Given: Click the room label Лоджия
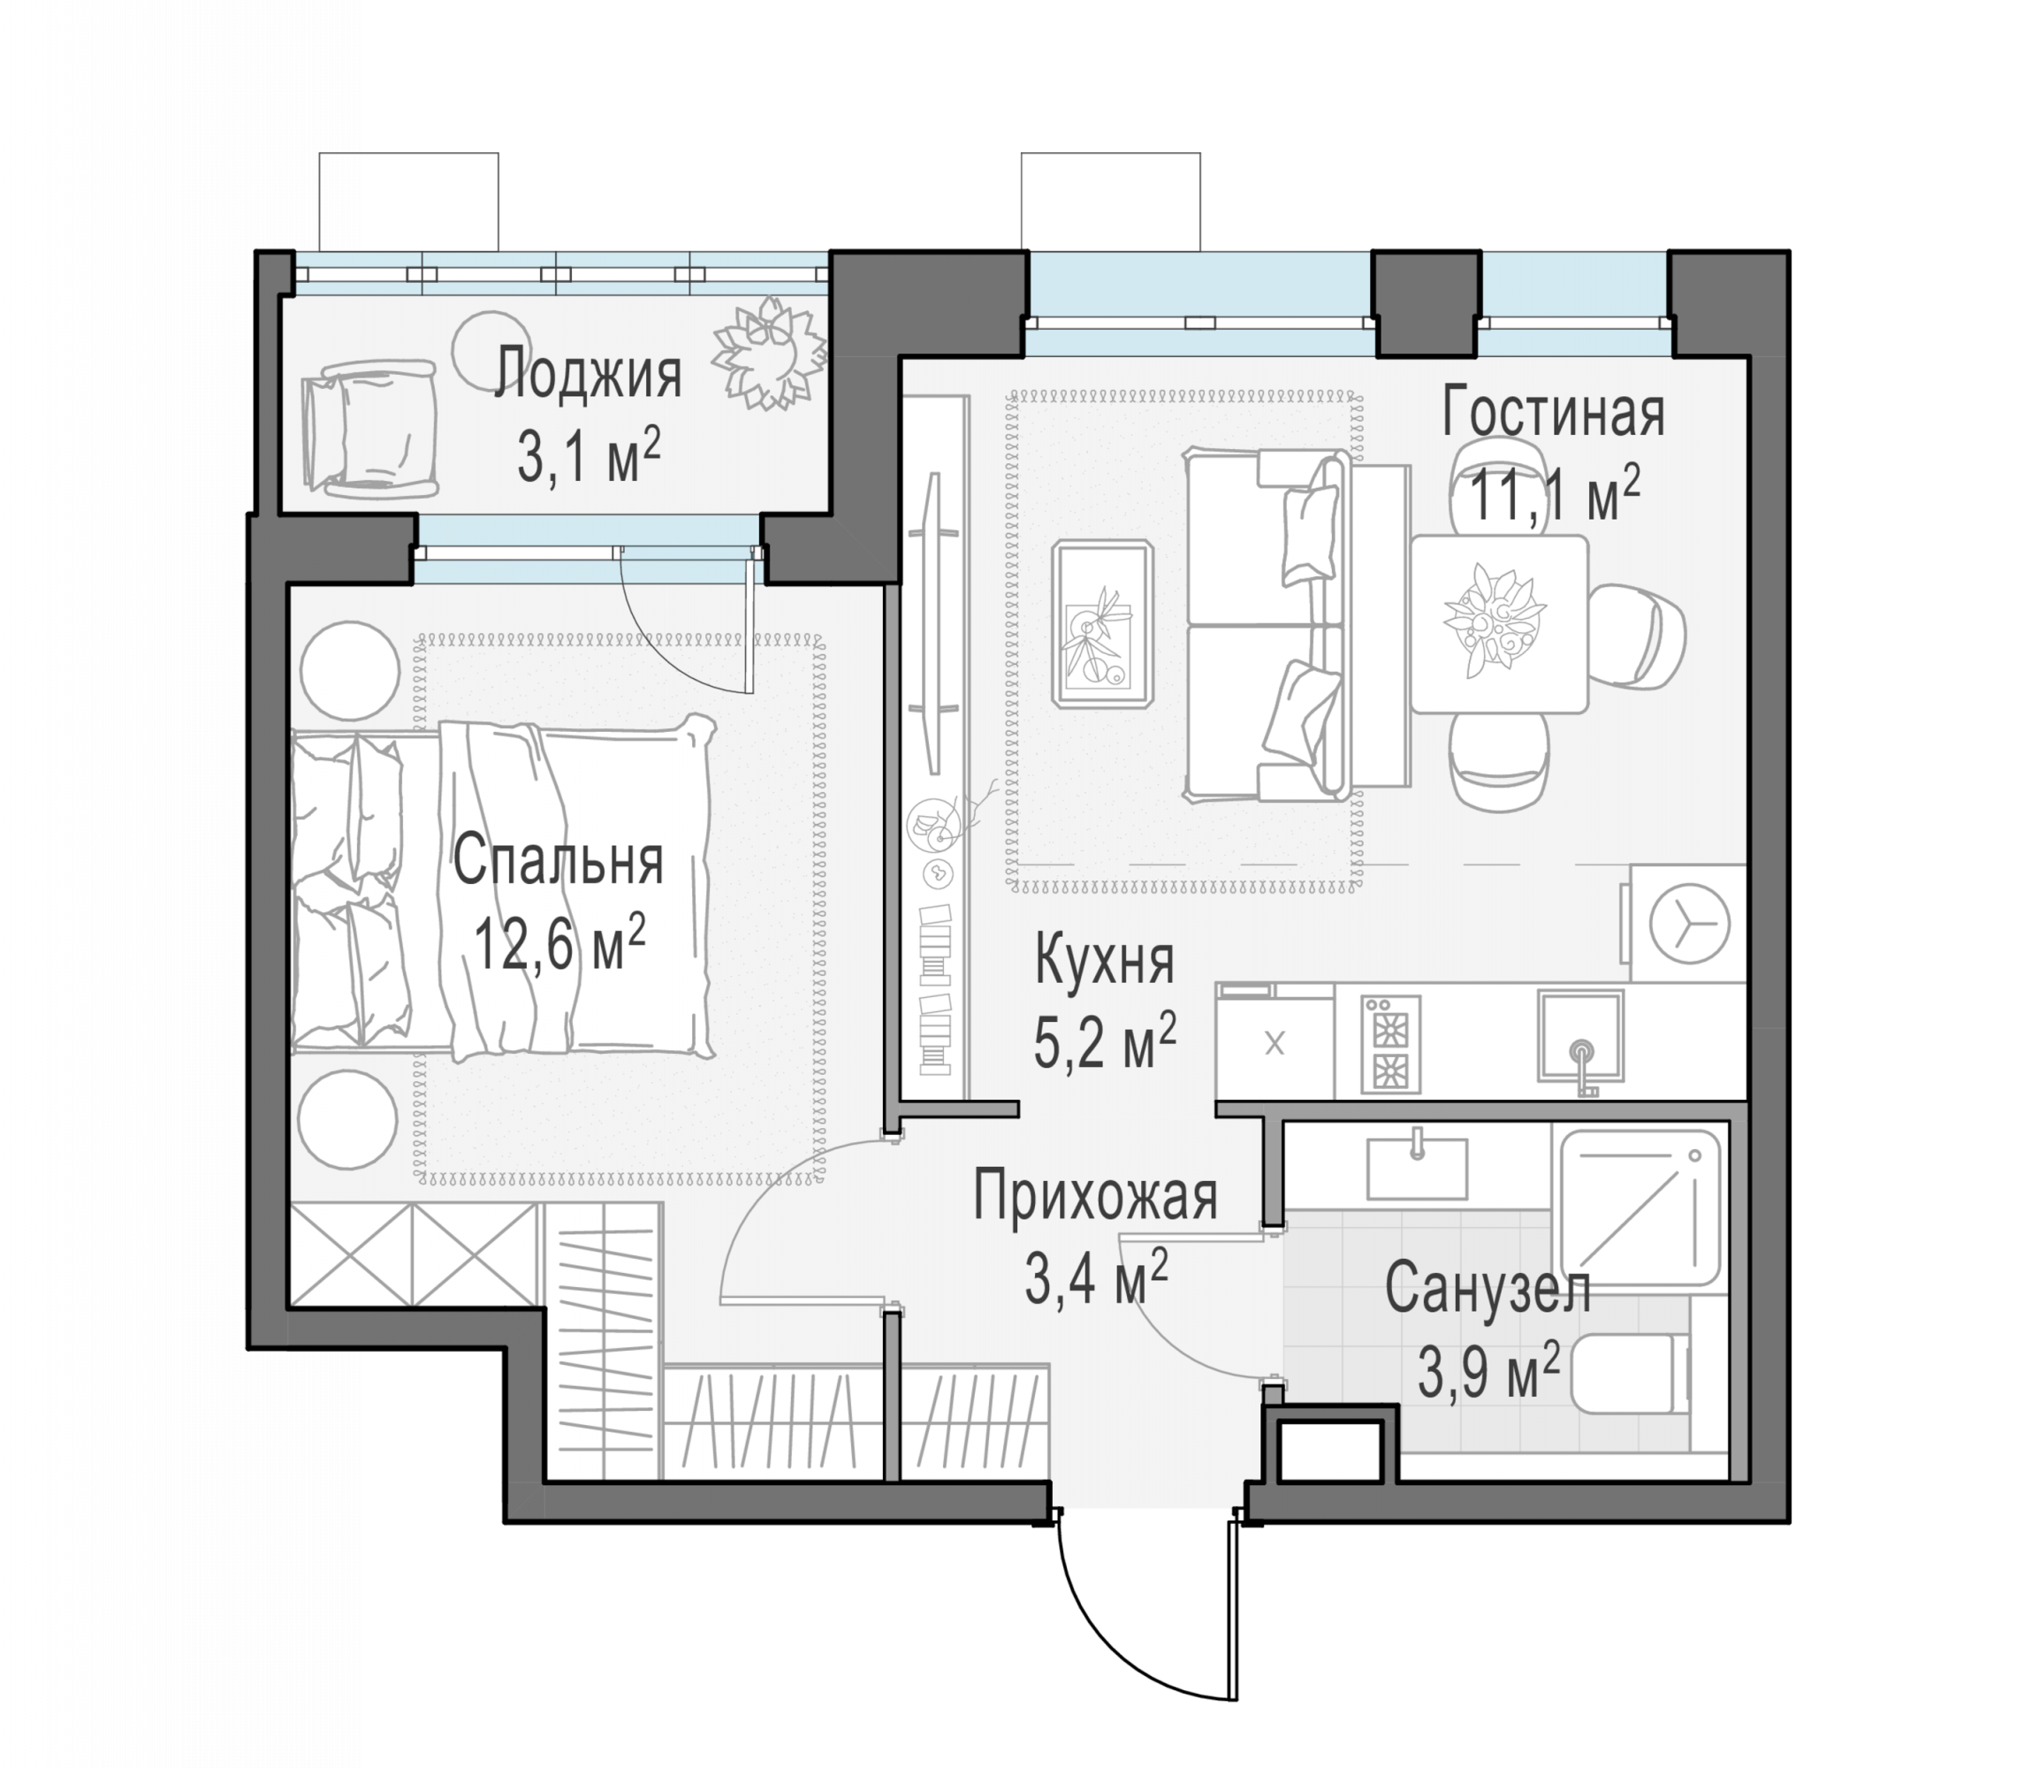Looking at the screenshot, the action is [x=588, y=375].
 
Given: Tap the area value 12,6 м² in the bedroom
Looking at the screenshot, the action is [x=560, y=942].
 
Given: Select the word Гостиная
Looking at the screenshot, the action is [x=1554, y=413].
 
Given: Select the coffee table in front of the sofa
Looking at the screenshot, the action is [x=1103, y=623].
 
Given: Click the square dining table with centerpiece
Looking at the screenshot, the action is [x=1499, y=623].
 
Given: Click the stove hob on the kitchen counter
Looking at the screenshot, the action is [x=1391, y=1044].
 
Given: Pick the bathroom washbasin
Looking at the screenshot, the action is [x=1417, y=1167].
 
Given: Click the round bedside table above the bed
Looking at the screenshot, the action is [x=349, y=671].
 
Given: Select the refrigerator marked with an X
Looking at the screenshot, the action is [x=1275, y=1043].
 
